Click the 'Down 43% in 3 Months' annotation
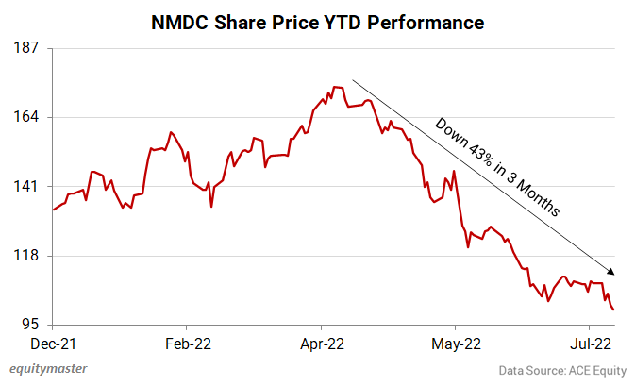click(497, 167)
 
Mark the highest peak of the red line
click(334, 87)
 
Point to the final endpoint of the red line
click(614, 310)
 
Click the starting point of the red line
click(53, 210)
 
